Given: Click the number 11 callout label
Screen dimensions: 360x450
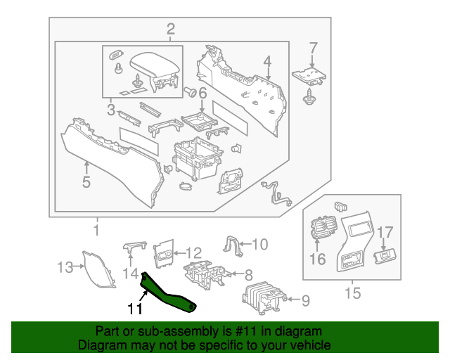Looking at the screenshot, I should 134,309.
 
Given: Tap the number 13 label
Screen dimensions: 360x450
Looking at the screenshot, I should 65,267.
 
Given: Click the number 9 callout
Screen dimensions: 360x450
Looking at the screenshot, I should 305,301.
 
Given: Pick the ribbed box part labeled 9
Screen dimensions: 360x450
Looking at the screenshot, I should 262,299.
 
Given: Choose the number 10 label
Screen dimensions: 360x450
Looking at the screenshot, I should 259,245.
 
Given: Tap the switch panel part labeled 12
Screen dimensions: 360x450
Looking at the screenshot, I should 165,252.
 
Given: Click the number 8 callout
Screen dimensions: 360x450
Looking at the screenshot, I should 248,274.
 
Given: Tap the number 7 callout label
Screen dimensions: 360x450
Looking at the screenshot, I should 313,49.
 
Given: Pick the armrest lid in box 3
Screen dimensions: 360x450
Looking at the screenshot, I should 153,68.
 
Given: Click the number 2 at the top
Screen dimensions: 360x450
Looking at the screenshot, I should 170,29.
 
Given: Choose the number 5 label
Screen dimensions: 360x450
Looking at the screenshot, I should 86,182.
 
